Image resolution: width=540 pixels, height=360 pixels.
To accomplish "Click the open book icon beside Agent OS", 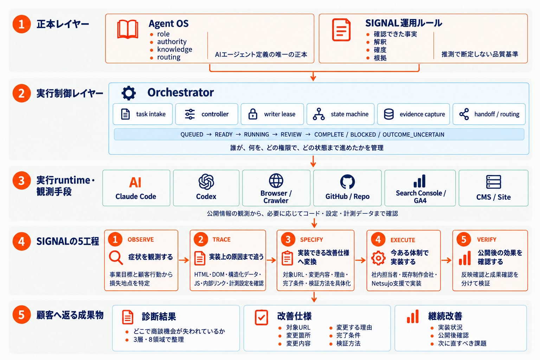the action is tap(128, 29).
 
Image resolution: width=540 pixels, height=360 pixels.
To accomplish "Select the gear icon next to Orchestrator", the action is tap(129, 93).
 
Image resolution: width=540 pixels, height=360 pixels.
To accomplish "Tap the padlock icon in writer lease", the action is tap(253, 114).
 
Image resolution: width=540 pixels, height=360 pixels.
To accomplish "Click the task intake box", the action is tap(143, 114).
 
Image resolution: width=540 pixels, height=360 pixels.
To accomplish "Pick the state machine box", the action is tap(340, 114).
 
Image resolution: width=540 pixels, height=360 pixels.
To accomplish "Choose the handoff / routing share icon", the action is tap(464, 114).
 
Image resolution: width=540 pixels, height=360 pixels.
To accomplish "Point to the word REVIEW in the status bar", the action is tap(291, 135).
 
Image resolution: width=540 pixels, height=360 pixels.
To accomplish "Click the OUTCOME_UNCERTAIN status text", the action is tap(413, 135).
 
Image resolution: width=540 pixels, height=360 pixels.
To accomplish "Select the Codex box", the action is tap(206, 188).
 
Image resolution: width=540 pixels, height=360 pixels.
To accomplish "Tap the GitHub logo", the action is tap(347, 181).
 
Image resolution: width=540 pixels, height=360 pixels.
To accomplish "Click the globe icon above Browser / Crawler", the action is tap(276, 181).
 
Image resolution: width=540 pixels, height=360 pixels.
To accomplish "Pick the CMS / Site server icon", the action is tap(494, 182).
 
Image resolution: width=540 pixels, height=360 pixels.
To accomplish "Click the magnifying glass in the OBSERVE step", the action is tap(116, 258).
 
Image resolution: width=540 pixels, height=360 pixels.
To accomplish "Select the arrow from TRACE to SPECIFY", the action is tap(271, 260).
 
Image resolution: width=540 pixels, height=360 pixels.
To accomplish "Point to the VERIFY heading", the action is tap(487, 240).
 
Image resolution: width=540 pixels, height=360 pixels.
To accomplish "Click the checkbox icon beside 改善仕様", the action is tap(261, 317).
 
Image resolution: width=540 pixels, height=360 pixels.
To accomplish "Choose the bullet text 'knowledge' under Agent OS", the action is tap(174, 50).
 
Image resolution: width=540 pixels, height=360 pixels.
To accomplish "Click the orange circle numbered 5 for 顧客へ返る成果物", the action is tap(22, 315).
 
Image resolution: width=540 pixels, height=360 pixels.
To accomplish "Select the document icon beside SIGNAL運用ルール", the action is tap(341, 30).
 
